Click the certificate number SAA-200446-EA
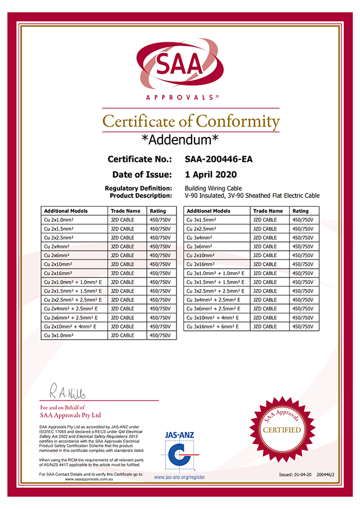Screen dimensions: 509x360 [218, 159]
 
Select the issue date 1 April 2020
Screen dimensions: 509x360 [210, 174]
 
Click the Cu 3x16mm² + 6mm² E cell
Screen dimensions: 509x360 [216, 327]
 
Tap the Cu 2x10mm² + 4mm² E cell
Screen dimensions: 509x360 [71, 327]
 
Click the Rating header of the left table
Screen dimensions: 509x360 [158, 211]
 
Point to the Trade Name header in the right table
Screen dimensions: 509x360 [268, 211]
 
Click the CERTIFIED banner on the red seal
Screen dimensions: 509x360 [282, 430]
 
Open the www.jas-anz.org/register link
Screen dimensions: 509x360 [179, 477]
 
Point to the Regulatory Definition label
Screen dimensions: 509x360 [139, 188]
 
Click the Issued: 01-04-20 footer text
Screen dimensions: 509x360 [295, 475]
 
